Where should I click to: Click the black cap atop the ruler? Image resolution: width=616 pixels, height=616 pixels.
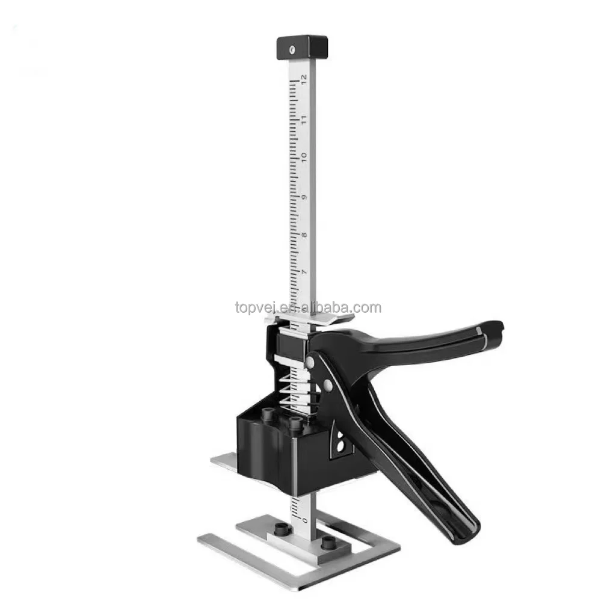(x=302, y=46)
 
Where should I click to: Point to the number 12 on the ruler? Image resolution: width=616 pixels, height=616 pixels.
(x=304, y=78)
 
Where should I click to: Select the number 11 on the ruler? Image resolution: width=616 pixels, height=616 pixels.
(x=304, y=119)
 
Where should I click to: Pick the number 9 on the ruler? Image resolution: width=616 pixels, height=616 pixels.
(x=304, y=198)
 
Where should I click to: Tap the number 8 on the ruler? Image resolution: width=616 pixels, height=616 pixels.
(x=304, y=235)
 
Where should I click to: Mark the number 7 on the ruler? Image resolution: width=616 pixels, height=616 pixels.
(x=304, y=273)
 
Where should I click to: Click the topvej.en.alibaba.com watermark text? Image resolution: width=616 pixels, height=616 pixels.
(x=308, y=308)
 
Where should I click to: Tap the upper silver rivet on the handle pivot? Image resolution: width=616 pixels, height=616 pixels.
(x=310, y=362)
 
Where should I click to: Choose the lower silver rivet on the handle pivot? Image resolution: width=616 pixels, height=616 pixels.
(x=327, y=383)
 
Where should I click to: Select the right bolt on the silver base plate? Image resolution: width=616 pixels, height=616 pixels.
(x=328, y=543)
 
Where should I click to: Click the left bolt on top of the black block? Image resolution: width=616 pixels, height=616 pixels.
(x=267, y=415)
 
